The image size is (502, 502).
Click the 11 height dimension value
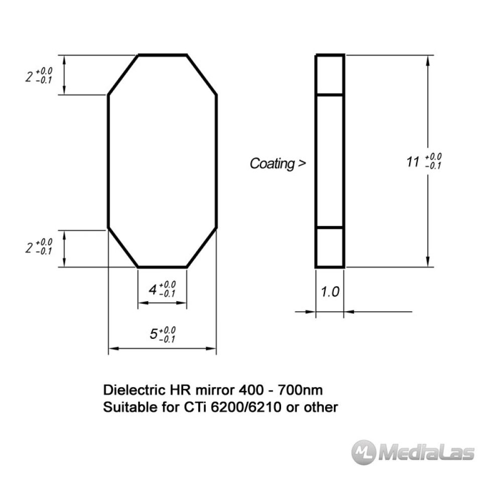(412, 162)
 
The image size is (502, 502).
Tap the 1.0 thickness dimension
(330, 292)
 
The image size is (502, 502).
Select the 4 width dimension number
(153, 290)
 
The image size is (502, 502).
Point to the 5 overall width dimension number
(154, 334)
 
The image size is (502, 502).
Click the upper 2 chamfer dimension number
(29, 77)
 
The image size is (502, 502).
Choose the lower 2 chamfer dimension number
(29, 248)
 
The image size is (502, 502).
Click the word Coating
(272, 164)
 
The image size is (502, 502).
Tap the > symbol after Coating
(302, 164)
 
